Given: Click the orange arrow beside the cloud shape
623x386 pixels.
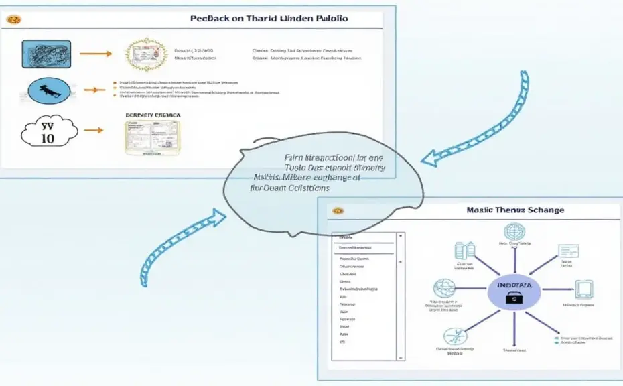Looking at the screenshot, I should point(93,130).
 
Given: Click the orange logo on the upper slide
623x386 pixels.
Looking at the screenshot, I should point(13,19).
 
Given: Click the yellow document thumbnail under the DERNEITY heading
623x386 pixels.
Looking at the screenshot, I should point(153,138).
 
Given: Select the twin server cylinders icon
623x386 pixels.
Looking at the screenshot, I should point(464,250).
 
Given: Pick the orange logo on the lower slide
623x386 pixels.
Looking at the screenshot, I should point(338,210).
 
